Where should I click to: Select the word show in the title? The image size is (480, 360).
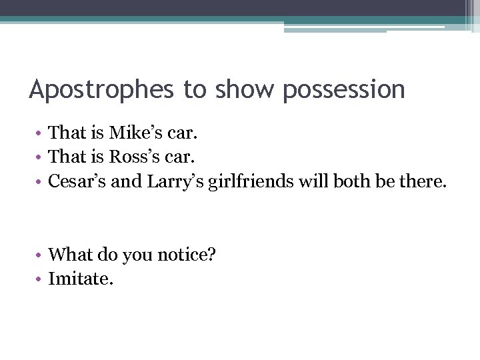click(x=242, y=89)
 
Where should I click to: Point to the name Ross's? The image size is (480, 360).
click(x=134, y=157)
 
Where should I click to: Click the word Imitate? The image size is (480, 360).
click(x=81, y=278)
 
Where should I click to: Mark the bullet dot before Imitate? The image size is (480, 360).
click(x=40, y=279)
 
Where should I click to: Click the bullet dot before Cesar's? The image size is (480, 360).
click(x=40, y=181)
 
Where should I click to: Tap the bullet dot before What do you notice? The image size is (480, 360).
click(x=40, y=255)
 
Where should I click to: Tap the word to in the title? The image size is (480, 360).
click(x=195, y=89)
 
